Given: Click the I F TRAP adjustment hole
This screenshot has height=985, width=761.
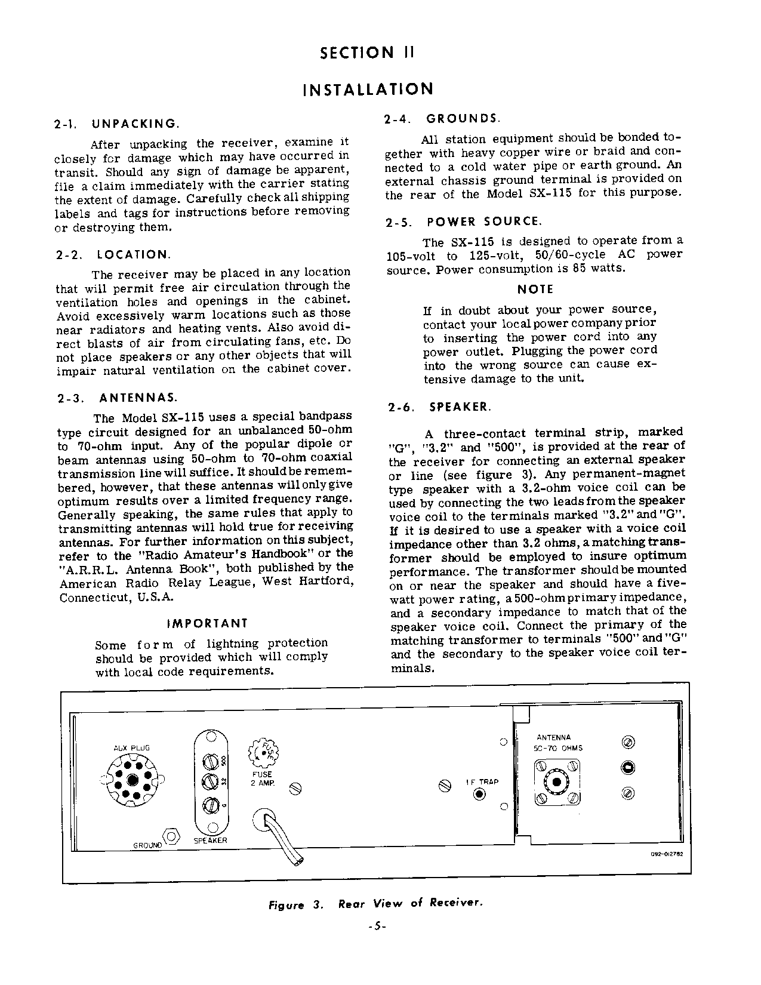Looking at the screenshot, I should click(x=480, y=795).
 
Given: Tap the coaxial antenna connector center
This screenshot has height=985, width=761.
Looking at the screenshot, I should click(x=557, y=783).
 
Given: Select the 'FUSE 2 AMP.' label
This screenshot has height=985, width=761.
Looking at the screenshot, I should click(x=261, y=778).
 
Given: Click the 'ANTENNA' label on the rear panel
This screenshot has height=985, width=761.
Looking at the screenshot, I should click(x=553, y=737).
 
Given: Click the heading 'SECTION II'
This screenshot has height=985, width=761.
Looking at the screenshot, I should click(x=366, y=53).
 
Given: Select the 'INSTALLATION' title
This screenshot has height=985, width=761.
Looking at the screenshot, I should click(x=368, y=90).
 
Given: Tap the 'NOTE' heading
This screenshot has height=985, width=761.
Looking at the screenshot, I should click(x=535, y=290).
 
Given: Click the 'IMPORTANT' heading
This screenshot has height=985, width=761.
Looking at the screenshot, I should click(x=207, y=624).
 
